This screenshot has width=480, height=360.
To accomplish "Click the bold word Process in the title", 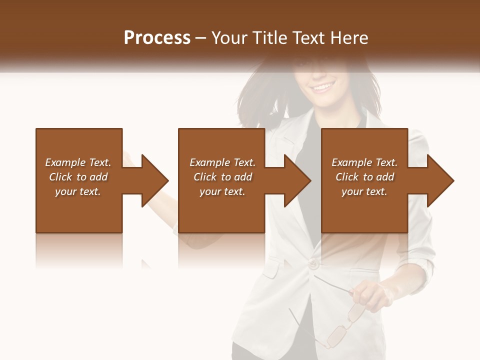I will pyautogui.click(x=157, y=38).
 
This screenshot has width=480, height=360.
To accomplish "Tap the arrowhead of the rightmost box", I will pyautogui.click(x=439, y=180).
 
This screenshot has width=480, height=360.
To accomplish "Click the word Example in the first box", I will pyautogui.click(x=65, y=162).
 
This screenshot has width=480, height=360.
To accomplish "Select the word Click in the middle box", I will pyautogui.click(x=205, y=177).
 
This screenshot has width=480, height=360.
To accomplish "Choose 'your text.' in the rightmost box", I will pyautogui.click(x=364, y=191).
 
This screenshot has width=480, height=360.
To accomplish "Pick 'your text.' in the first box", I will pyautogui.click(x=77, y=191).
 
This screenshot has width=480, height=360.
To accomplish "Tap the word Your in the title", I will pyautogui.click(x=229, y=38).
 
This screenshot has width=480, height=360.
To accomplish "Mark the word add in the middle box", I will pyautogui.click(x=243, y=177).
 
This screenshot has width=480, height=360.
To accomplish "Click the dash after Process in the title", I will pyautogui.click(x=201, y=38).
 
